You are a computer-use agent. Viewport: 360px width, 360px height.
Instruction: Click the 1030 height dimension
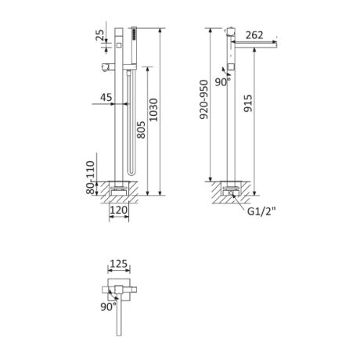pos(153,110)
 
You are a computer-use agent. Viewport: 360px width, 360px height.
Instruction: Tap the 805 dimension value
pos(141,130)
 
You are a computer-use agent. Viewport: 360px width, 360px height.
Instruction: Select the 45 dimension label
pos(106,97)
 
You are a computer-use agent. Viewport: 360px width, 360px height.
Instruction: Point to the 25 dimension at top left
pos(99,35)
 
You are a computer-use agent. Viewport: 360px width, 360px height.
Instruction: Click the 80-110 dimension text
pos(90,178)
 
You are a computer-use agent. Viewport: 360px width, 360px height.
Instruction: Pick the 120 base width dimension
pos(119,210)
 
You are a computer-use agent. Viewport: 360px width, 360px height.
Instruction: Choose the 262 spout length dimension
pos(254,35)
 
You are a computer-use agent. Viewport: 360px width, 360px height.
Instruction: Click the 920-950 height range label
pos(203,99)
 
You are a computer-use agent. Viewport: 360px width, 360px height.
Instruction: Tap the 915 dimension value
pos(248,103)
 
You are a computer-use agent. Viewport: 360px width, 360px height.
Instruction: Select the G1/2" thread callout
pos(261,211)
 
